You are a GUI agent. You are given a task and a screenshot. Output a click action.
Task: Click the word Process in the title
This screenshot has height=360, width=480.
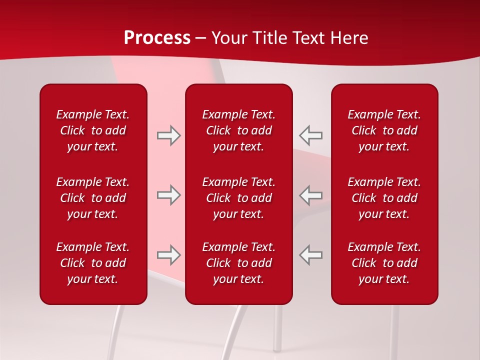click(x=157, y=38)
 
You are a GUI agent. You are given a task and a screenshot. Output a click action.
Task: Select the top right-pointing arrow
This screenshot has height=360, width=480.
click(x=168, y=135)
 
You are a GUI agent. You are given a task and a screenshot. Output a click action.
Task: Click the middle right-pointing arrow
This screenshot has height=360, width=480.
click(x=168, y=195)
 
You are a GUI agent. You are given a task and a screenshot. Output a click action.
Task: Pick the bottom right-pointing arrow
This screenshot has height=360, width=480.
click(x=168, y=255)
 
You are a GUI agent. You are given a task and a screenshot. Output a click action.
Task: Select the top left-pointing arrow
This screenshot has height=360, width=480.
click(x=310, y=135)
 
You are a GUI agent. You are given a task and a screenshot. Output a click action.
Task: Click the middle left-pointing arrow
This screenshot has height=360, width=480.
click(x=310, y=195)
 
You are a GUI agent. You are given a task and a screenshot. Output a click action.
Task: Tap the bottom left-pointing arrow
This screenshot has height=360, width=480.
click(x=310, y=255)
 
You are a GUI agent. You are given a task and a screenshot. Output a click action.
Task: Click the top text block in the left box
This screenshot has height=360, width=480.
click(x=93, y=130)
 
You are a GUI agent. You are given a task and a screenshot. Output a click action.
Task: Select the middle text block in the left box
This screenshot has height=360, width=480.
click(x=93, y=198)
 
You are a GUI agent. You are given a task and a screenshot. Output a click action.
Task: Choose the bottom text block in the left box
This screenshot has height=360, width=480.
click(x=93, y=263)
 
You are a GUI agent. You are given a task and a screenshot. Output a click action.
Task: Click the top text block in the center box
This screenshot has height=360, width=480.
click(x=238, y=130)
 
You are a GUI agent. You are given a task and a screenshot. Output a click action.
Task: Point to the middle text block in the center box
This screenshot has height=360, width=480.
click(x=238, y=198)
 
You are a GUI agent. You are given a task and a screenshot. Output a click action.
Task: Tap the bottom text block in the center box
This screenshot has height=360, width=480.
click(x=238, y=263)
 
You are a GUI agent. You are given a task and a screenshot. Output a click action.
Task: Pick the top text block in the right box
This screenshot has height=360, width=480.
click(x=384, y=130)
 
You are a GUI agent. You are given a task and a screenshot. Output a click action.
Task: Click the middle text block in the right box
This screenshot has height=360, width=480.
click(x=384, y=198)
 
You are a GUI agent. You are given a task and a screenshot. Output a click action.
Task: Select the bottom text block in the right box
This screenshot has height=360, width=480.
click(x=384, y=263)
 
